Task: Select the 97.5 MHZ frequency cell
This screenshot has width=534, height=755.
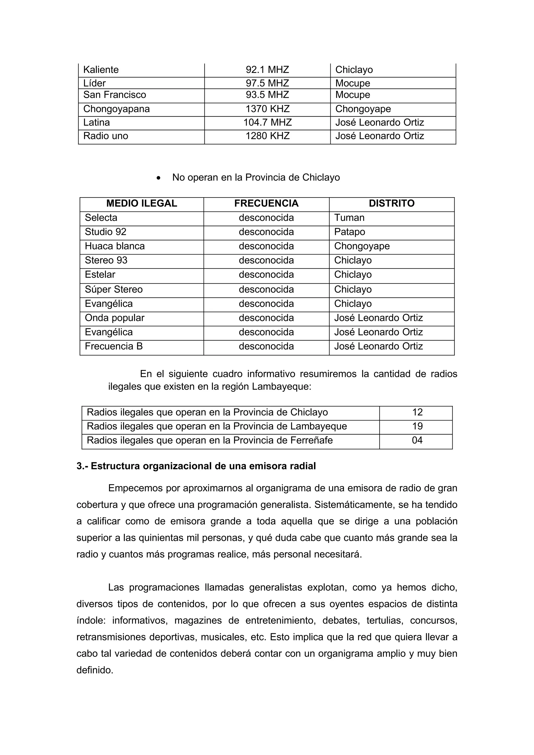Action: pyautogui.click(x=267, y=83)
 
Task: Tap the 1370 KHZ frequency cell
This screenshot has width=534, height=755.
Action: pyautogui.click(x=267, y=109)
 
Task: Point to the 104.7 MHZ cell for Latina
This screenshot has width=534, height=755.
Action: pyautogui.click(x=267, y=122)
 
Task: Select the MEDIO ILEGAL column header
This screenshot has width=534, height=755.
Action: pyautogui.click(x=142, y=203)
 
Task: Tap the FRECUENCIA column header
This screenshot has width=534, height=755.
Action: pyautogui.click(x=266, y=203)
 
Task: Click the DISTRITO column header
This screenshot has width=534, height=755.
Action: pyautogui.click(x=392, y=203)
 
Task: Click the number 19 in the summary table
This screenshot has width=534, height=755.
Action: pyautogui.click(x=417, y=426)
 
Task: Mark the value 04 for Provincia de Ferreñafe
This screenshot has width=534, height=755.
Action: pyautogui.click(x=417, y=440)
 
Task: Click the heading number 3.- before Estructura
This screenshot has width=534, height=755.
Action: pyautogui.click(x=83, y=466)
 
